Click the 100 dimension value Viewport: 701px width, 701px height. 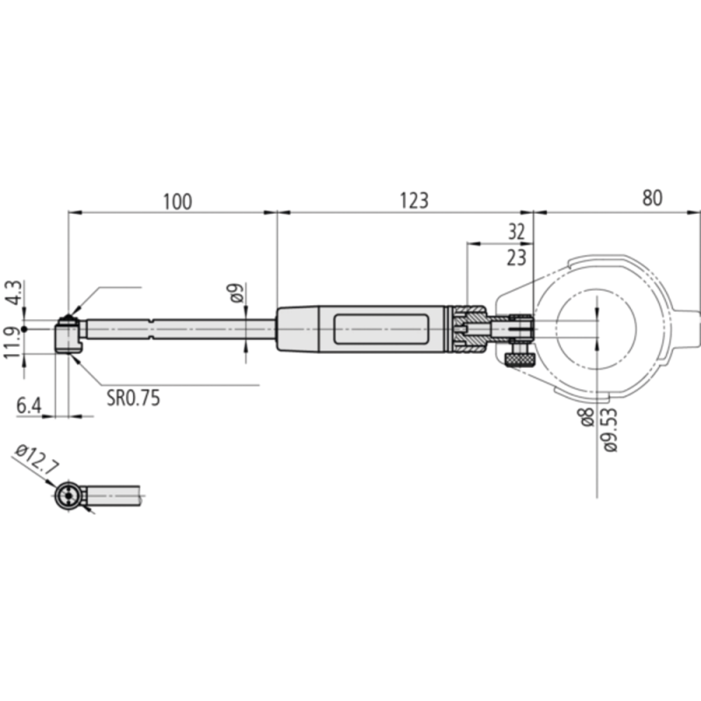click(x=176, y=201)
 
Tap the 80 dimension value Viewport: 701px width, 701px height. click(x=651, y=198)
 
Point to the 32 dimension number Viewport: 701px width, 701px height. click(x=516, y=232)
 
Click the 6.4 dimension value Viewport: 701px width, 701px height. click(x=29, y=405)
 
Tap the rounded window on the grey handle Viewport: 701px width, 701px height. click(x=381, y=329)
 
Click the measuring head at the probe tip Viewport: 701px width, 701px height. click(x=67, y=335)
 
